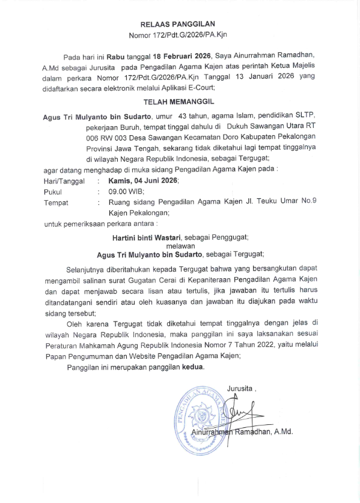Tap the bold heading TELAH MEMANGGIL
[x=181, y=102]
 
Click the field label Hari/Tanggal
[x=64, y=180]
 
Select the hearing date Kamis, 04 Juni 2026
[x=144, y=180]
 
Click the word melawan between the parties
[x=180, y=245]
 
